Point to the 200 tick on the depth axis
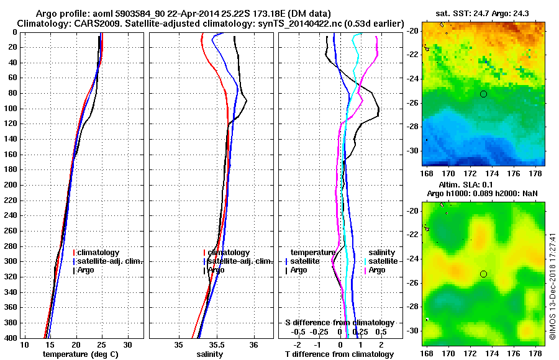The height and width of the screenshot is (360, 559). (11, 185)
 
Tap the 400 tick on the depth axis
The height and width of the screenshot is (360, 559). (11, 338)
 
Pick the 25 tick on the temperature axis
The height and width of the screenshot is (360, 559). (102, 344)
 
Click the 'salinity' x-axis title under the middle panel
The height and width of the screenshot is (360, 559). (210, 354)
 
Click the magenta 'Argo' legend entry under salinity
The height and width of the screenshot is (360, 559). (377, 270)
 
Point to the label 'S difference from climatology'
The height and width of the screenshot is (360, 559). (339, 323)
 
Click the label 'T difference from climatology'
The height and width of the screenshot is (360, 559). (339, 354)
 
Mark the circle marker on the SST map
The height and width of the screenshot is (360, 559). (483, 94)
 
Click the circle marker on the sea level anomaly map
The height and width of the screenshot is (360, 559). (483, 274)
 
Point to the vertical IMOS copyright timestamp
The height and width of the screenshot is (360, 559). (552, 286)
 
